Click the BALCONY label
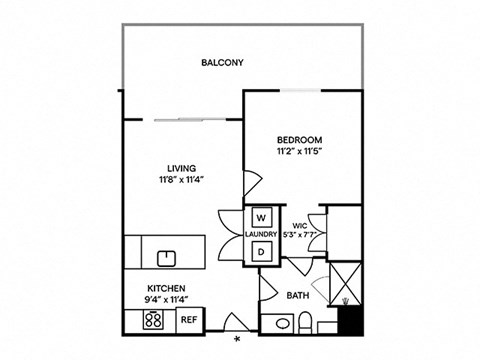222,63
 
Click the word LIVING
181,168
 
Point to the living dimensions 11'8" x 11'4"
181,180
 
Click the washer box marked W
261,217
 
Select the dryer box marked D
261,253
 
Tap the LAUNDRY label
261,235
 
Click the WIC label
300,225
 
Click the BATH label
297,295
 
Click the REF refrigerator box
188,320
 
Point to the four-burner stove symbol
155,320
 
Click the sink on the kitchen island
166,257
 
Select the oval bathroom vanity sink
279,322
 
